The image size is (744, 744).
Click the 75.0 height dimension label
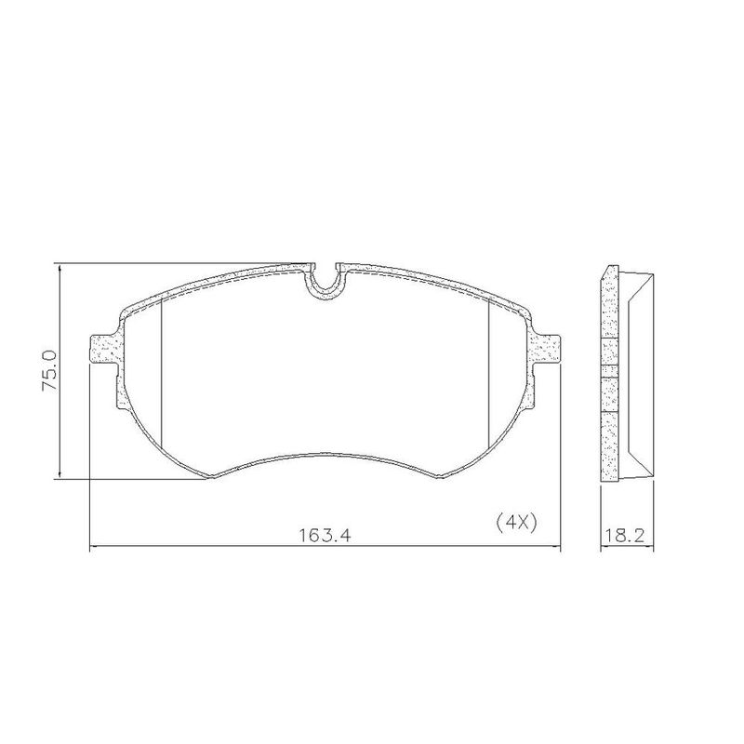tap(50, 370)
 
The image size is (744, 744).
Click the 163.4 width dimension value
tap(325, 536)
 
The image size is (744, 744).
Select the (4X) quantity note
tap(516, 523)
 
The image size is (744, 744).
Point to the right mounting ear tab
tap(546, 350)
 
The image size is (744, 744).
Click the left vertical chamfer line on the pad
tap(162, 374)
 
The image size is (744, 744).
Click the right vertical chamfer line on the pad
tap(489, 374)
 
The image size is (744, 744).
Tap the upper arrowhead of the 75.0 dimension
tap(60, 269)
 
